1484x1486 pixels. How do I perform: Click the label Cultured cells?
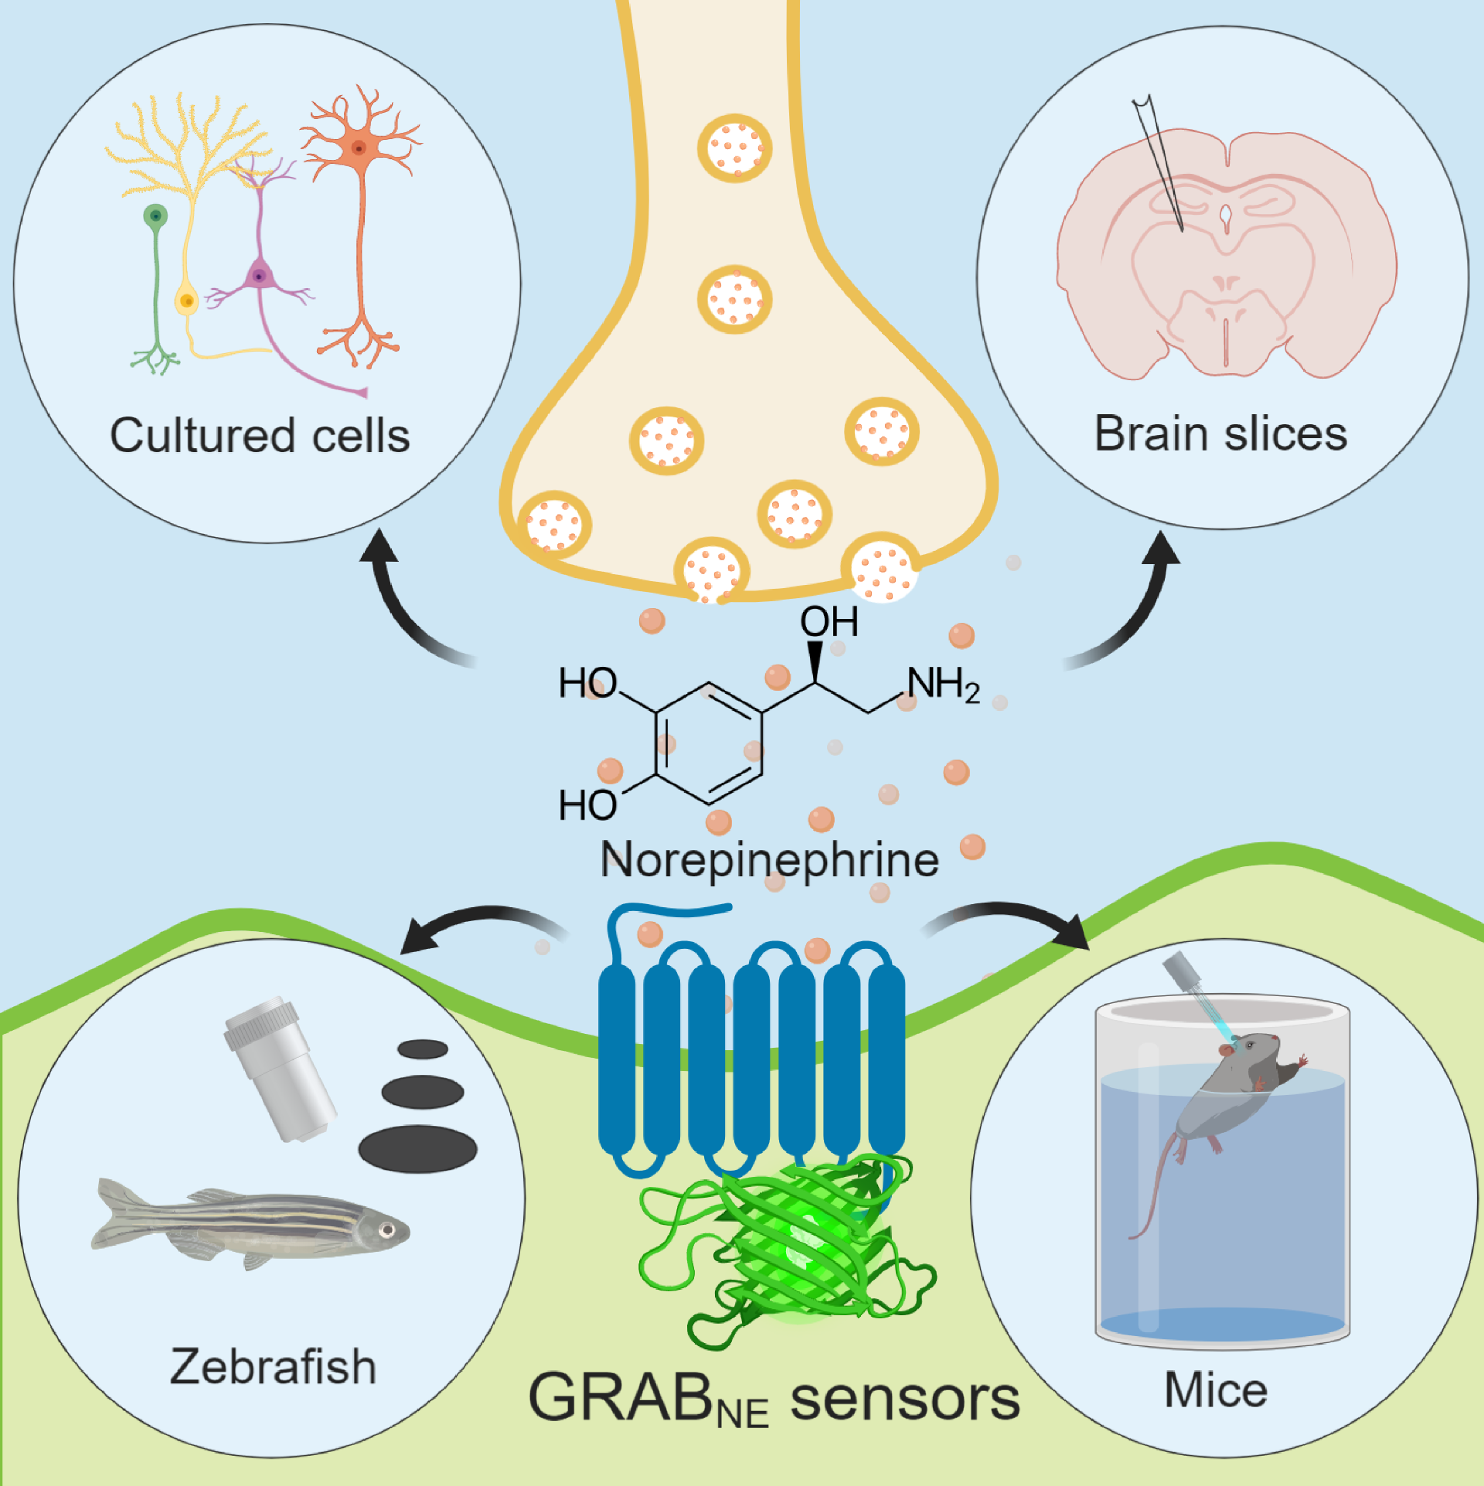pos(260,436)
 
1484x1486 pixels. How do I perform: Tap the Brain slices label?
pos(1220,434)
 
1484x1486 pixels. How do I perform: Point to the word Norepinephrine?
pos(770,860)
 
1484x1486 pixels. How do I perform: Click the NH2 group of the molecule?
pos(943,685)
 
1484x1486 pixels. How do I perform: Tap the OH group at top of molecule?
pos(829,621)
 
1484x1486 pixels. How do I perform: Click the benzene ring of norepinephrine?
pos(709,743)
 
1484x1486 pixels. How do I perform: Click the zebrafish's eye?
pos(386,1229)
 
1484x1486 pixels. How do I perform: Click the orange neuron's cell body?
pos(358,147)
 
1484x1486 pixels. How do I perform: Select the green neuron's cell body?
pos(156,216)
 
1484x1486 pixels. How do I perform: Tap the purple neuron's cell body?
pos(259,276)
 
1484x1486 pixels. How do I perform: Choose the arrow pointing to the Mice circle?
pos(1020,920)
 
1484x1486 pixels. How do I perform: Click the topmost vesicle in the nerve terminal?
pos(735,148)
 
